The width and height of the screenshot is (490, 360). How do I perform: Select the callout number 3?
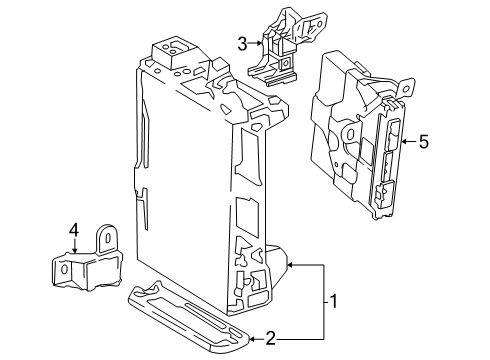[242, 42]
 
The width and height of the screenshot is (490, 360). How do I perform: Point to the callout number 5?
[423, 142]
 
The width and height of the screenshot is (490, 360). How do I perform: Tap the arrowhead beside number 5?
[402, 142]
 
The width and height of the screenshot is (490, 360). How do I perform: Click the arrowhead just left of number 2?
[251, 339]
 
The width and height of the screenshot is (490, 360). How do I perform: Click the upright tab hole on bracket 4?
[103, 238]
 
